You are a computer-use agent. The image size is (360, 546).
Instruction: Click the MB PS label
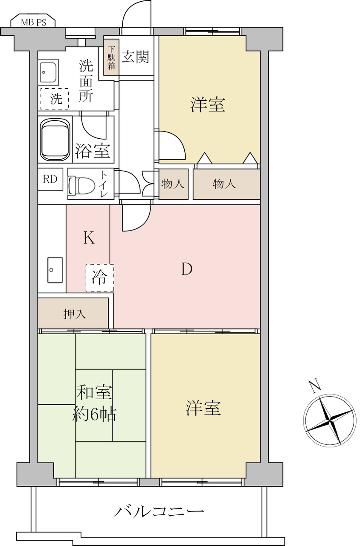point(33,23)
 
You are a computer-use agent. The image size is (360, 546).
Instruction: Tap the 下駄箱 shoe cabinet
point(111,57)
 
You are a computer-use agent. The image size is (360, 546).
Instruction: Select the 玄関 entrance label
point(135,57)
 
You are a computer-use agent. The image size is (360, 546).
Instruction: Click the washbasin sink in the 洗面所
point(48,72)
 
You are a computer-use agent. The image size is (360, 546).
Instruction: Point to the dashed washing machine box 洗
point(55,99)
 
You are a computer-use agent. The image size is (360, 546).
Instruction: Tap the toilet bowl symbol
point(81,186)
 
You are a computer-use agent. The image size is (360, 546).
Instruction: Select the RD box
point(50,179)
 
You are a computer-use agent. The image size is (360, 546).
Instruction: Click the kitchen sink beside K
point(55,270)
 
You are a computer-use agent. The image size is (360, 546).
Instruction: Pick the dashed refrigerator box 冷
point(100,277)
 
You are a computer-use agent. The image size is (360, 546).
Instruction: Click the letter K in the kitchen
point(89,238)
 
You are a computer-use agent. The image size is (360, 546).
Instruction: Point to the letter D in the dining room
point(187,269)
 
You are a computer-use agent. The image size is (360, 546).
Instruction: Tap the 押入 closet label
point(75,314)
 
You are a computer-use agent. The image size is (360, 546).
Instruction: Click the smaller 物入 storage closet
point(174,184)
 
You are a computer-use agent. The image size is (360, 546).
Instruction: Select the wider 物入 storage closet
point(226,184)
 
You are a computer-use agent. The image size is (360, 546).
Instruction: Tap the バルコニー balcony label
point(159,511)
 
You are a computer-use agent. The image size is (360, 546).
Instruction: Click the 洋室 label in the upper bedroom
point(208,105)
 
